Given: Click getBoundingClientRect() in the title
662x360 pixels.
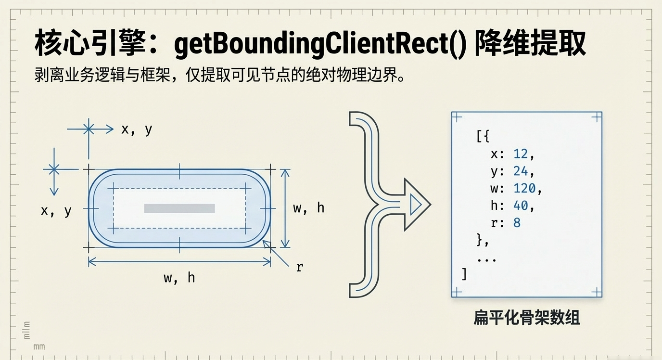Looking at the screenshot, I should pos(320,45).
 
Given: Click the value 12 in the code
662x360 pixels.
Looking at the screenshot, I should pos(521,154).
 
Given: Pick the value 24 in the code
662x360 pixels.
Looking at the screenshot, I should pos(521,171).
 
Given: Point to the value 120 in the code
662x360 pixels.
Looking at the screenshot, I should pos(524,189).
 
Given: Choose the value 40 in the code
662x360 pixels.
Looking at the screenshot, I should pos(521,206).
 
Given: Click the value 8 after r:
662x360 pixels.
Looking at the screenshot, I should pos(517,223).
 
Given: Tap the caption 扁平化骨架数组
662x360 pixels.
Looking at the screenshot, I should pos(527,318).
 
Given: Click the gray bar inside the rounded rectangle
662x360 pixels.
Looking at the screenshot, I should pos(179,208).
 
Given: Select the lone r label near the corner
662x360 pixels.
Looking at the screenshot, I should pos(299,268).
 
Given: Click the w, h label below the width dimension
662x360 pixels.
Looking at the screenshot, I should pos(179,278).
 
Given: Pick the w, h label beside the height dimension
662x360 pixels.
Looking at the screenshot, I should pos(308,208).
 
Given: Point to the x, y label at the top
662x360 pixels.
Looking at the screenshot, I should pos(137,129).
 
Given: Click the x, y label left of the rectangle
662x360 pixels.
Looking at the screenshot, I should pos(56,210).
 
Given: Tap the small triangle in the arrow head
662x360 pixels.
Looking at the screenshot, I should pos(415,206).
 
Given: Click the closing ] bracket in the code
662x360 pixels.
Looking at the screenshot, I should pos(464,274).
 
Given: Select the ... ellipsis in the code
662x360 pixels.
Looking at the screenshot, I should pos(486,258).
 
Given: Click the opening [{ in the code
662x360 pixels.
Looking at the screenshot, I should pos(483,137).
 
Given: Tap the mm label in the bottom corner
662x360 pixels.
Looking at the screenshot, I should pos(39,347).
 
